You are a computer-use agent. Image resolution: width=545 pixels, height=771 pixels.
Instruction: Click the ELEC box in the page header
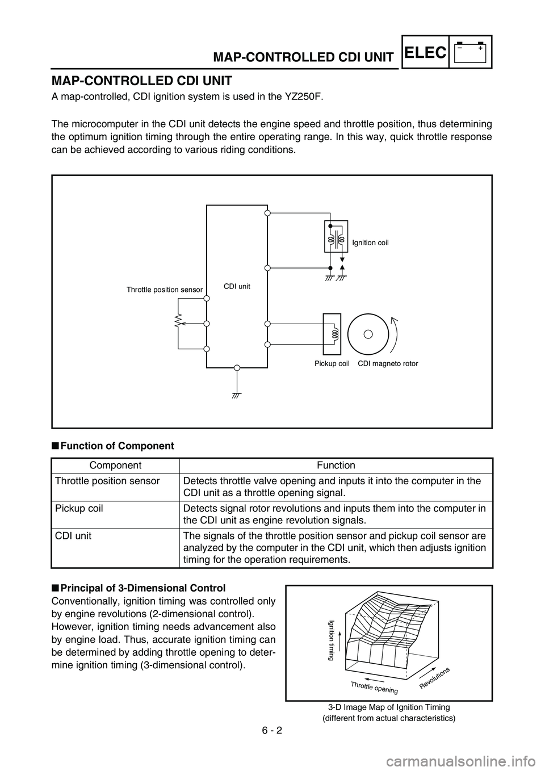[426, 52]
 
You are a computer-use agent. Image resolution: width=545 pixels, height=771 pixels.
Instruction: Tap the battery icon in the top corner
[470, 52]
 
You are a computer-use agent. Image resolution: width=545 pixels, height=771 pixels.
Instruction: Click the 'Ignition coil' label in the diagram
[370, 243]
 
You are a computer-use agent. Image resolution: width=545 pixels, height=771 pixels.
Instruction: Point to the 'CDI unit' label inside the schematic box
[237, 286]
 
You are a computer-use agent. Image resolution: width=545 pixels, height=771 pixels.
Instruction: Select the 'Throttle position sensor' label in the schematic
[164, 290]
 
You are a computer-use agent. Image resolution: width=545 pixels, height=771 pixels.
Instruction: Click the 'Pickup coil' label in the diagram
[332, 363]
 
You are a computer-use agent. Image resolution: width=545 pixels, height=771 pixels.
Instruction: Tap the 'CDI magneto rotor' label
[388, 363]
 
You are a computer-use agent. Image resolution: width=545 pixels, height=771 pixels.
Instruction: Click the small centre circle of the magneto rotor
[368, 334]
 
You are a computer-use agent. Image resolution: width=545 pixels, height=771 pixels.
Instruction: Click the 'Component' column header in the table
[115, 466]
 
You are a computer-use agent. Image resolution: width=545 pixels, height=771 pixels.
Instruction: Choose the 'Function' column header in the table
[336, 466]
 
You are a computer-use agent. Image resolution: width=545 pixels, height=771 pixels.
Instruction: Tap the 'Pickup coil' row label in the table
[79, 509]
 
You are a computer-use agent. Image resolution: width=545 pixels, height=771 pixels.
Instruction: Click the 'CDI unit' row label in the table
[73, 536]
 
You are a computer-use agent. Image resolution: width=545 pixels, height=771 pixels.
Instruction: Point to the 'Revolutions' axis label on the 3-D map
[435, 678]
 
